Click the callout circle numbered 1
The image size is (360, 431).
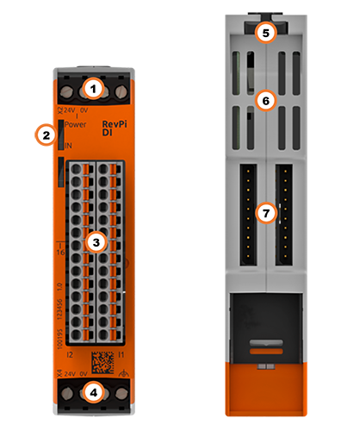[96, 88]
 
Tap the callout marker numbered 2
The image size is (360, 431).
[42, 134]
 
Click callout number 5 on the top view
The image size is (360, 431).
[266, 34]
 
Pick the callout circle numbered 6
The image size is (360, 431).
[266, 101]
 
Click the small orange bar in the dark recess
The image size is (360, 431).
[266, 351]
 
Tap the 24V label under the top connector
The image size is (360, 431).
[71, 109]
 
